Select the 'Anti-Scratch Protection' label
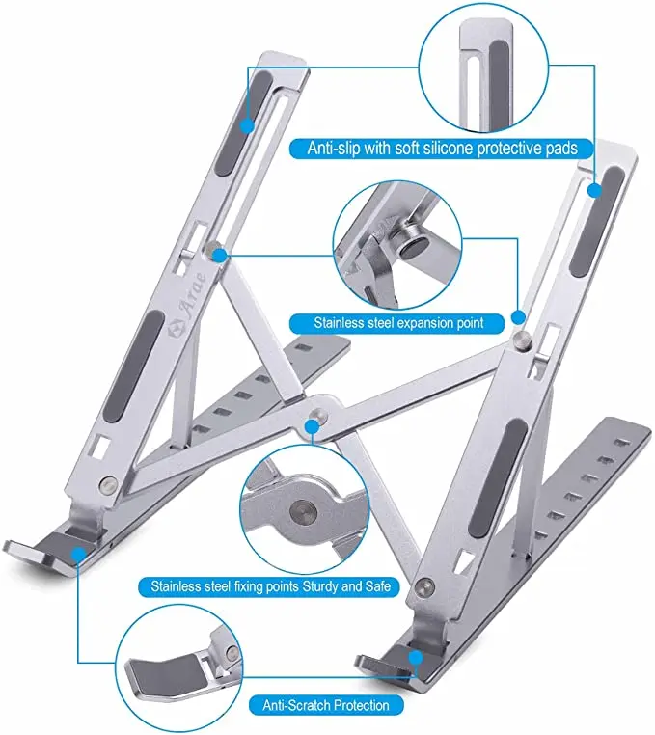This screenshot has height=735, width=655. coord(326,705)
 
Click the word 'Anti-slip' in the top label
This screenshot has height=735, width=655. coord(334,149)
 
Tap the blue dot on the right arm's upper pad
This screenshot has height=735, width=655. coord(594,190)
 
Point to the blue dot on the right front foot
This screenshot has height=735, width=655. coord(416,659)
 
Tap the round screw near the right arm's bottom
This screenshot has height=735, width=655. coord(427,583)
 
